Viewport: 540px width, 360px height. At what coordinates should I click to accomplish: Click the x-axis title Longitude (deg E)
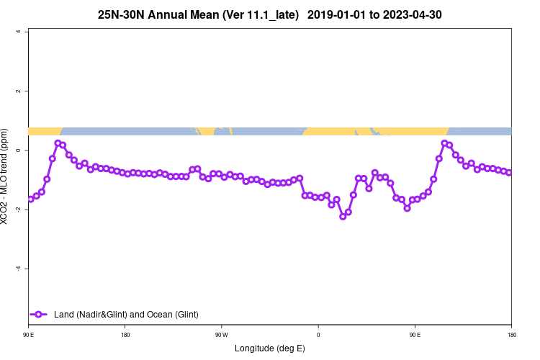(x=269, y=348)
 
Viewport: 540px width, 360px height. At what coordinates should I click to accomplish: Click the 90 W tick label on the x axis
(x=221, y=335)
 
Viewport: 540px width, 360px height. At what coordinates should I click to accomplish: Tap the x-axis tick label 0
(x=318, y=335)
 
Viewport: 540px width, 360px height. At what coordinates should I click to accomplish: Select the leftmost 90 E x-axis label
(x=28, y=335)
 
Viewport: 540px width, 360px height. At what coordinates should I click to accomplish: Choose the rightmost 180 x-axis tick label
(x=511, y=335)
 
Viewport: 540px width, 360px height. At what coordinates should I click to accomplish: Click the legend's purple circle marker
(x=40, y=315)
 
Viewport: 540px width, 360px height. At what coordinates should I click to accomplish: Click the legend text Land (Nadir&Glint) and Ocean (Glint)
(x=126, y=315)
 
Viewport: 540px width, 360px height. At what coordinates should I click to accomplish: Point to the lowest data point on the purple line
(x=343, y=216)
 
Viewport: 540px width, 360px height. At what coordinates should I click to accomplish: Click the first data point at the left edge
(x=30, y=199)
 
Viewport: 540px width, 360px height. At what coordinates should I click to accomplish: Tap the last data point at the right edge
(x=509, y=173)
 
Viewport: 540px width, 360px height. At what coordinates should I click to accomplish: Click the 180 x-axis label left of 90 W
(x=125, y=335)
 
